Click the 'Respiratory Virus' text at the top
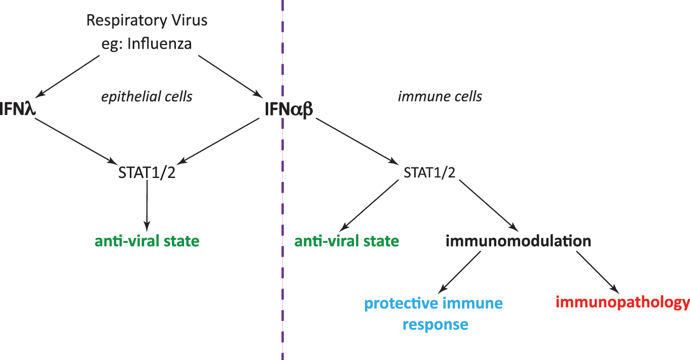click(147, 21)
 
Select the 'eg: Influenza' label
click(147, 44)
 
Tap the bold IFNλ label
click(18, 109)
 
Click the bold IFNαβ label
click(288, 110)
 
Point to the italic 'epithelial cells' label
click(147, 97)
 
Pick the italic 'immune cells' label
click(440, 96)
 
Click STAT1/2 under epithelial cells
click(147, 172)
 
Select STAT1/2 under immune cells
click(429, 172)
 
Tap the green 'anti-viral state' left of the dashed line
click(147, 241)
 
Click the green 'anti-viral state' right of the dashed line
click(347, 241)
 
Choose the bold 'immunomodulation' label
click(519, 241)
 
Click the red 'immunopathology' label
click(623, 303)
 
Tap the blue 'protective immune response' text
click(433, 313)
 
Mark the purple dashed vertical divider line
click(282, 180)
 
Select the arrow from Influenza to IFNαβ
click(230, 77)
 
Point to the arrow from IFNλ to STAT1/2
click(76, 141)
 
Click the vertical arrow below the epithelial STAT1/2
click(147, 206)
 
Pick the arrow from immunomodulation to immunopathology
click(598, 273)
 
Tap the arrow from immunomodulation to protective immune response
click(459, 272)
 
